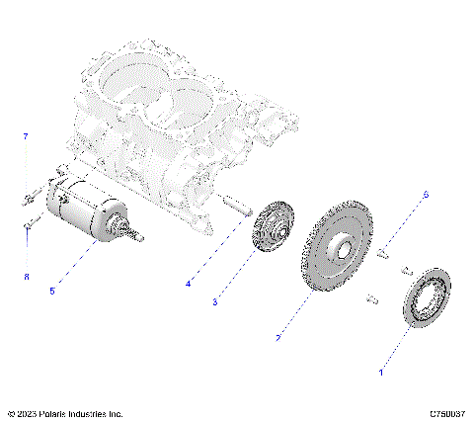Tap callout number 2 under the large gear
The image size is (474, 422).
point(279,338)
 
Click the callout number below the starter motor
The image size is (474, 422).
point(51,291)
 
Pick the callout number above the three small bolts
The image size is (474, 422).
point(426,195)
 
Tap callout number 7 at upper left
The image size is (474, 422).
point(27,135)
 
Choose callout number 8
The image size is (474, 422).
point(27,277)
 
